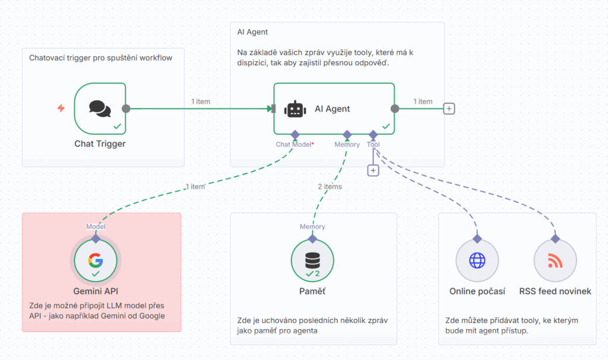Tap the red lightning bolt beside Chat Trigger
coord(61,108)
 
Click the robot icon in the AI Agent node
coord(295,109)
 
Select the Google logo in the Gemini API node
coord(96,260)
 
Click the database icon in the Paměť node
coord(312,260)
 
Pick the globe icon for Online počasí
coord(477,261)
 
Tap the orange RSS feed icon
coord(555,261)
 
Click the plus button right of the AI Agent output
coord(449,109)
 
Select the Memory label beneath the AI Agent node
coord(347,144)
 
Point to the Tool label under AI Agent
coord(373,144)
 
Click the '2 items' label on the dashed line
coord(330,187)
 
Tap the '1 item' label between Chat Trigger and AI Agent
coord(201,102)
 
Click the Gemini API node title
coord(96,291)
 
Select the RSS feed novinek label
coord(555,291)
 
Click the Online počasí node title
coord(477,291)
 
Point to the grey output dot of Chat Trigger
coord(126,109)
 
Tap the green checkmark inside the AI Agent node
coord(386,126)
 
